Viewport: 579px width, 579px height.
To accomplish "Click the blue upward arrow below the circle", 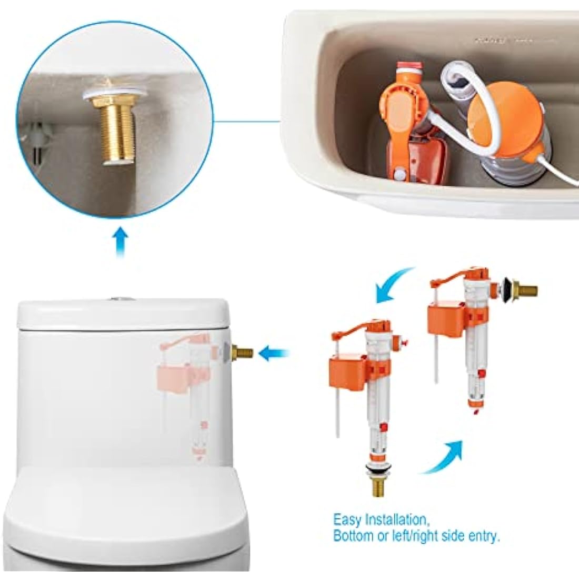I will pos(122,242).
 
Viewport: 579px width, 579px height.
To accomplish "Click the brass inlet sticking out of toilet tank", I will pos(243,353).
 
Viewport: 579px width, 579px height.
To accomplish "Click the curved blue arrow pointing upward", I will pos(445,456).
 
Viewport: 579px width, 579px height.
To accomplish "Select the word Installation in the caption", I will pos(396,520).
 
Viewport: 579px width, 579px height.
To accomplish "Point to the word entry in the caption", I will pos(481,537).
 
